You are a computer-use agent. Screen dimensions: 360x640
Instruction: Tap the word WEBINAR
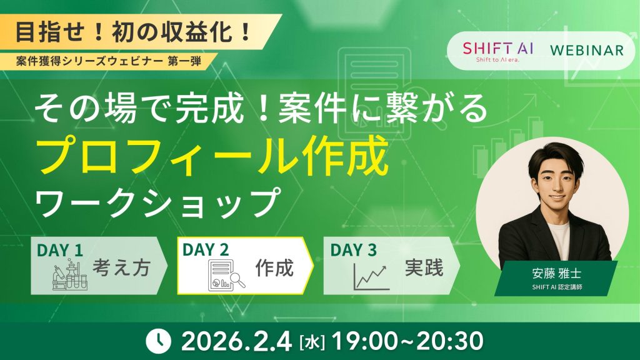point(586,50)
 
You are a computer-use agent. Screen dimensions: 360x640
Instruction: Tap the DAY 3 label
point(353,250)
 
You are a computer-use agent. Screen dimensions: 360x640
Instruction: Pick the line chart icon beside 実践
point(371,276)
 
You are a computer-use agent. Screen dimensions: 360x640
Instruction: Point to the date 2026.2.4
point(237,341)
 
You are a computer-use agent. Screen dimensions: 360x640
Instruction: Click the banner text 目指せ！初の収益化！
point(133,32)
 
